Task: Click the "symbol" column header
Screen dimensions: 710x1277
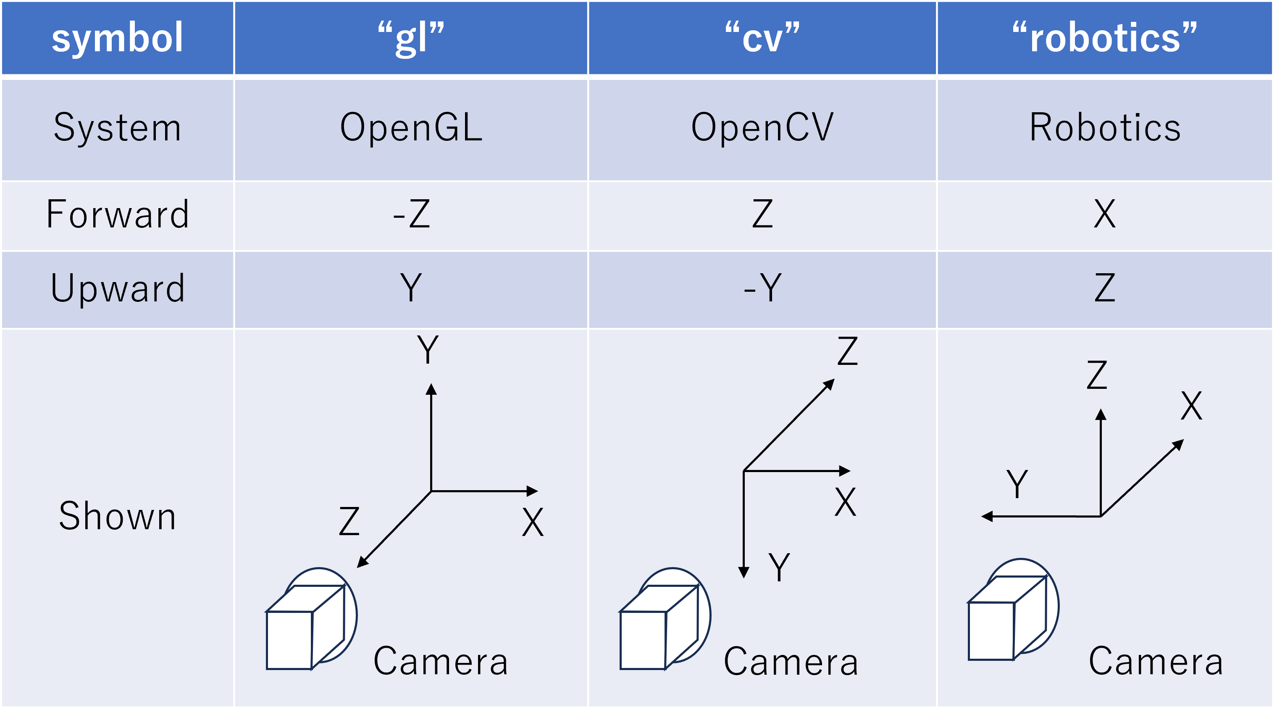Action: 118,38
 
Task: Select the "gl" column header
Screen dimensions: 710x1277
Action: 411,38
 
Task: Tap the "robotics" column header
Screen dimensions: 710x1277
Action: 1104,38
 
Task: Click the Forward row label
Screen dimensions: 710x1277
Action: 118,214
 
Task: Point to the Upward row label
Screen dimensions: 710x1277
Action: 118,288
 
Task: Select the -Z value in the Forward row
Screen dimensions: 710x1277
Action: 411,214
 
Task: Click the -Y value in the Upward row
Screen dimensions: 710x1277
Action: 762,288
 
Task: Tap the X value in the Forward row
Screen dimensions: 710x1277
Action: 1104,214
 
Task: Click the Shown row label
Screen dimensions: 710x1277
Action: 118,517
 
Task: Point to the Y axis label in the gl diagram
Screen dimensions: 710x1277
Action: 428,350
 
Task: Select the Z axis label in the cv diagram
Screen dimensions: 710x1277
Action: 847,351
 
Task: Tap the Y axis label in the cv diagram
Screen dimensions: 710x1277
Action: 779,567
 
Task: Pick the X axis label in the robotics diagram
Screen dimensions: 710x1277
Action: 1191,406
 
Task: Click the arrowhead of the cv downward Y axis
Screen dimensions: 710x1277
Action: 744,573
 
